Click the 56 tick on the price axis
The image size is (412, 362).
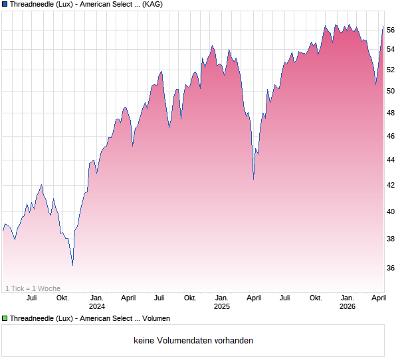click(391, 30)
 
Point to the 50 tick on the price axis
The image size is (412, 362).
click(391, 91)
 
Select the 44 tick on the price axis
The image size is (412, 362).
click(391, 160)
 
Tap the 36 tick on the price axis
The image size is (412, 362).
click(391, 268)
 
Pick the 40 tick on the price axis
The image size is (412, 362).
click(391, 211)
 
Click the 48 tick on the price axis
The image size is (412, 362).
click(391, 113)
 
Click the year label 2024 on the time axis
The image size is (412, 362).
click(97, 306)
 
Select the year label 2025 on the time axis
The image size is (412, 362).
click(222, 306)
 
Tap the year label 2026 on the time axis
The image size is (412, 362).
click(347, 306)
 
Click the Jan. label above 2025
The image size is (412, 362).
click(222, 298)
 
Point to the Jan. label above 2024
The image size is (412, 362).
click(97, 298)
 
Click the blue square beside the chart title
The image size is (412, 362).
click(5, 4)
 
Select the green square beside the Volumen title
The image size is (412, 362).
click(5, 318)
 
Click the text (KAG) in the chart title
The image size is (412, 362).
click(153, 4)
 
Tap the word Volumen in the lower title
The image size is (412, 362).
click(156, 318)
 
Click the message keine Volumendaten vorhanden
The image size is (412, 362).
click(193, 341)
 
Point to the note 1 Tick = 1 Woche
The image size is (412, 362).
click(33, 288)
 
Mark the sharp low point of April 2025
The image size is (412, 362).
click(253, 178)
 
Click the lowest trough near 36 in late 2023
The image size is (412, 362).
click(72, 265)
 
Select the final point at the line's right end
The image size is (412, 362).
click(383, 27)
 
